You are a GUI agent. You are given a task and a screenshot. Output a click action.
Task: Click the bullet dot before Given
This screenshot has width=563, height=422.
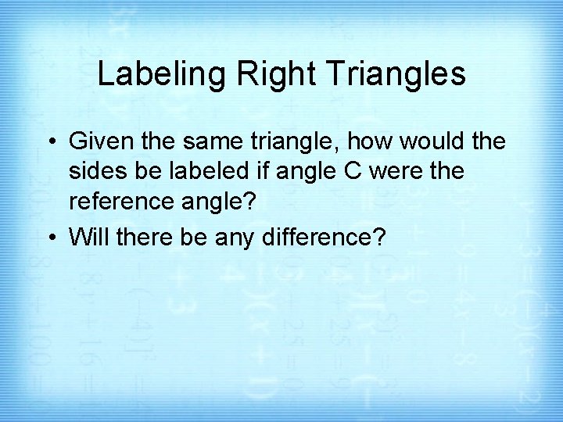(x=52, y=142)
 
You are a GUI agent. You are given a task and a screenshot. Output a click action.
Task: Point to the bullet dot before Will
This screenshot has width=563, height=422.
(x=52, y=238)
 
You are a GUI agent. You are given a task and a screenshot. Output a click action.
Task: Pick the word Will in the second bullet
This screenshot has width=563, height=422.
(x=87, y=238)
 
